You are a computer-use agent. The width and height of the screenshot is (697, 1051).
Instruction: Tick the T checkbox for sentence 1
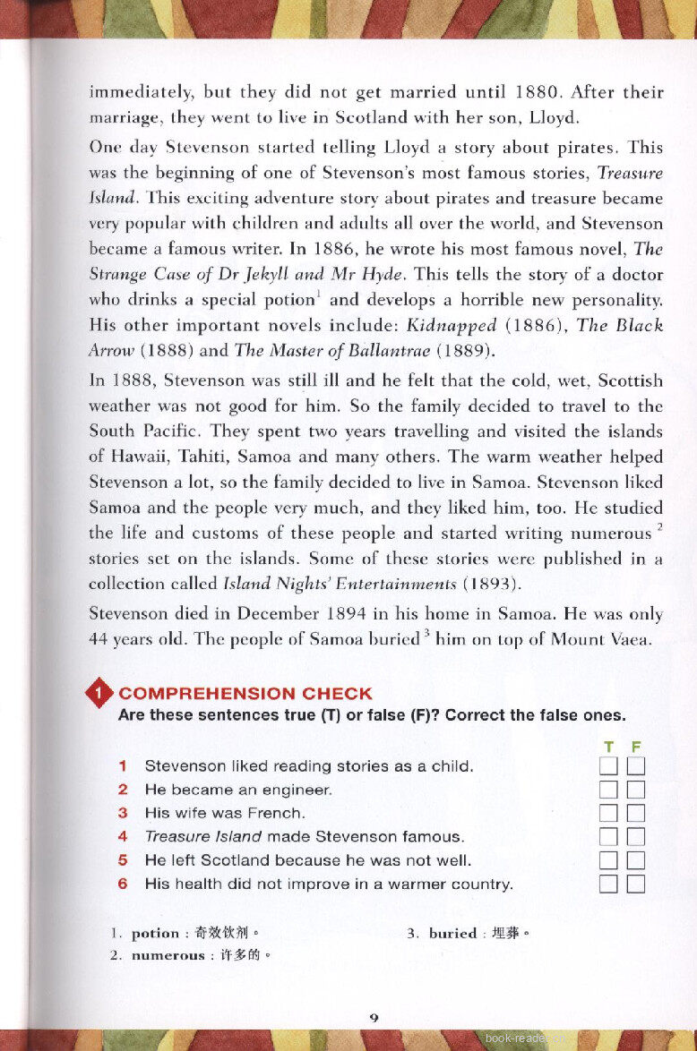tap(609, 766)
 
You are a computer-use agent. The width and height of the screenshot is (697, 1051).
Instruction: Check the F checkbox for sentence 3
tap(636, 814)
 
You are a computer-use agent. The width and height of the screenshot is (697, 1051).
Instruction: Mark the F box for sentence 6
tap(636, 884)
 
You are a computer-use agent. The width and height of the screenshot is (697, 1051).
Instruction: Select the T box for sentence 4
tap(609, 837)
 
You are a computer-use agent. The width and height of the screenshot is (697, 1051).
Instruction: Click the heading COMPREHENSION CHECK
tap(245, 694)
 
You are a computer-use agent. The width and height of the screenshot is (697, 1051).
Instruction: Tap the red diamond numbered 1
tap(99, 694)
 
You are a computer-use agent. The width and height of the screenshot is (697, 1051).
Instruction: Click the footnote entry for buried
tap(469, 933)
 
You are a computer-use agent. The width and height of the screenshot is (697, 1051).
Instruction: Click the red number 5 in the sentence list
tap(123, 861)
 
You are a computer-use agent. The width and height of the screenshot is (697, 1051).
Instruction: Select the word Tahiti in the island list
tap(179, 456)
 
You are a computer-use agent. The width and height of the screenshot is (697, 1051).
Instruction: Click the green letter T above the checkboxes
tap(609, 747)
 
